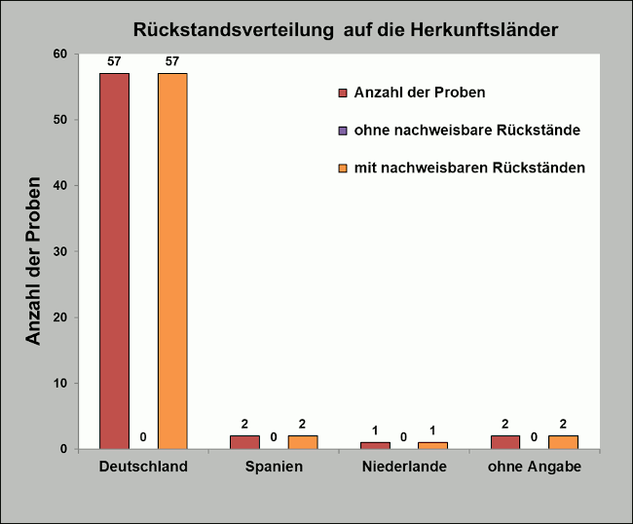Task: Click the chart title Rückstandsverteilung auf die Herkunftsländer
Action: pyautogui.click(x=346, y=30)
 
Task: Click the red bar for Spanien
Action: pyautogui.click(x=244, y=442)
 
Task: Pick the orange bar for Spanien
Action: pyautogui.click(x=303, y=442)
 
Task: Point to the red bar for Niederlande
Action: pyautogui.click(x=375, y=445)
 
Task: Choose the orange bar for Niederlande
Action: pyautogui.click(x=432, y=445)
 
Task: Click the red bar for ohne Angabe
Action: pyautogui.click(x=505, y=442)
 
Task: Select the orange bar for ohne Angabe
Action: pyautogui.click(x=563, y=442)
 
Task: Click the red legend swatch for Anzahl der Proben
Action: pyautogui.click(x=342, y=93)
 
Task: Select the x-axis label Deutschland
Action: pyautogui.click(x=143, y=468)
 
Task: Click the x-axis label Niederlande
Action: pyautogui.click(x=404, y=468)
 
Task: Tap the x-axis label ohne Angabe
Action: pyautogui.click(x=534, y=468)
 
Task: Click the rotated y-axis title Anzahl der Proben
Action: pyautogui.click(x=33, y=260)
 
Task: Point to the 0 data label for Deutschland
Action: pyautogui.click(x=143, y=436)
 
